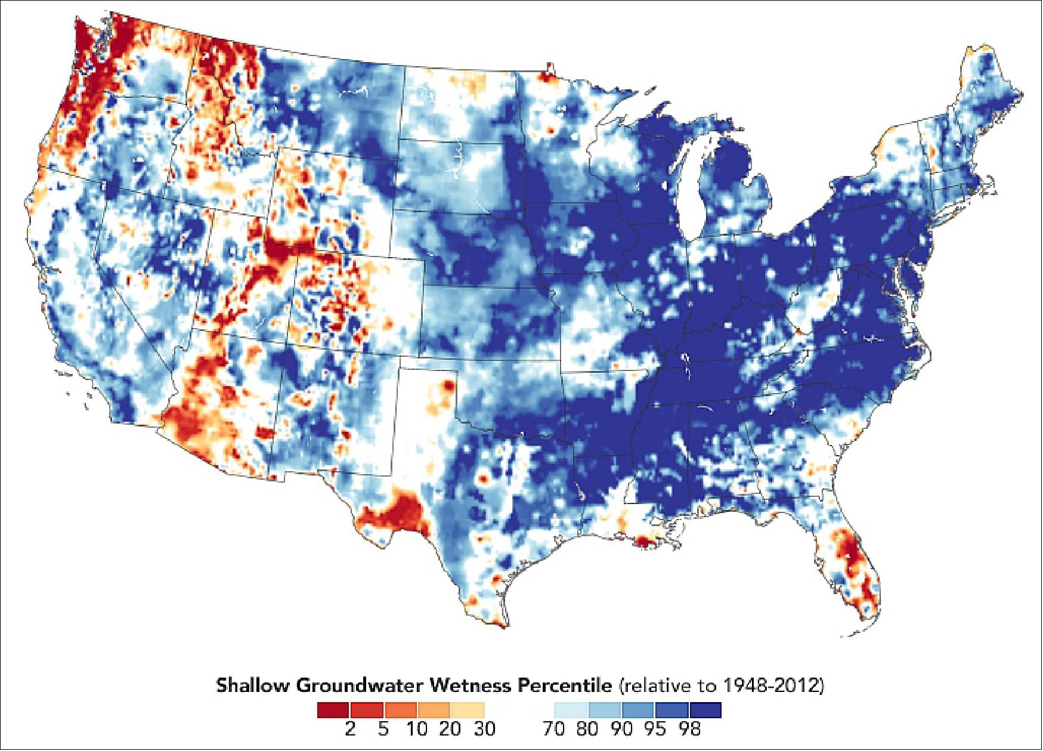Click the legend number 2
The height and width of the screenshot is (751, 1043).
350,728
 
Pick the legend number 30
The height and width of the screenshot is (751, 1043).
484,728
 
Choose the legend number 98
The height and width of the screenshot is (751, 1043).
690,728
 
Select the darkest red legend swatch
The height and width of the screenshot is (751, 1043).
333,710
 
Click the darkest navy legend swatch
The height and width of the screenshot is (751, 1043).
705,710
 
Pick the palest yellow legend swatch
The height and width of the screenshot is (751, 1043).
468,710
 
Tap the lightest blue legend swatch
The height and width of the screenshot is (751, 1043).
571,710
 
